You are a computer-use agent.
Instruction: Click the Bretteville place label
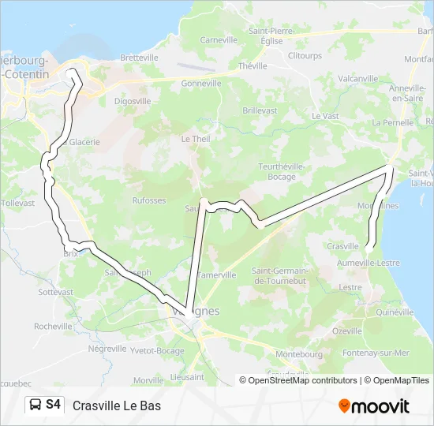pos(140,58)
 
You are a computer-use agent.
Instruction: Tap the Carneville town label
pos(219,39)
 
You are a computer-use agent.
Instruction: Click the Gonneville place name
pos(200,83)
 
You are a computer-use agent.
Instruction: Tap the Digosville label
pos(133,101)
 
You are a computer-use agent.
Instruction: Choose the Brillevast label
pos(260,110)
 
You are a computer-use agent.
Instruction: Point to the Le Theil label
pos(196,138)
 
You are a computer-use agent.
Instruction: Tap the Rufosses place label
pos(149,200)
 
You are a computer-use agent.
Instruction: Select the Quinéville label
pos(395,312)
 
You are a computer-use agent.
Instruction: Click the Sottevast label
pos(55,292)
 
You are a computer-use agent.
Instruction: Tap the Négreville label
pos(107,348)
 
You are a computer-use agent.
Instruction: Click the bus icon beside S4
pos(36,405)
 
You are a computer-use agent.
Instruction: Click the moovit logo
pos(374,406)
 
